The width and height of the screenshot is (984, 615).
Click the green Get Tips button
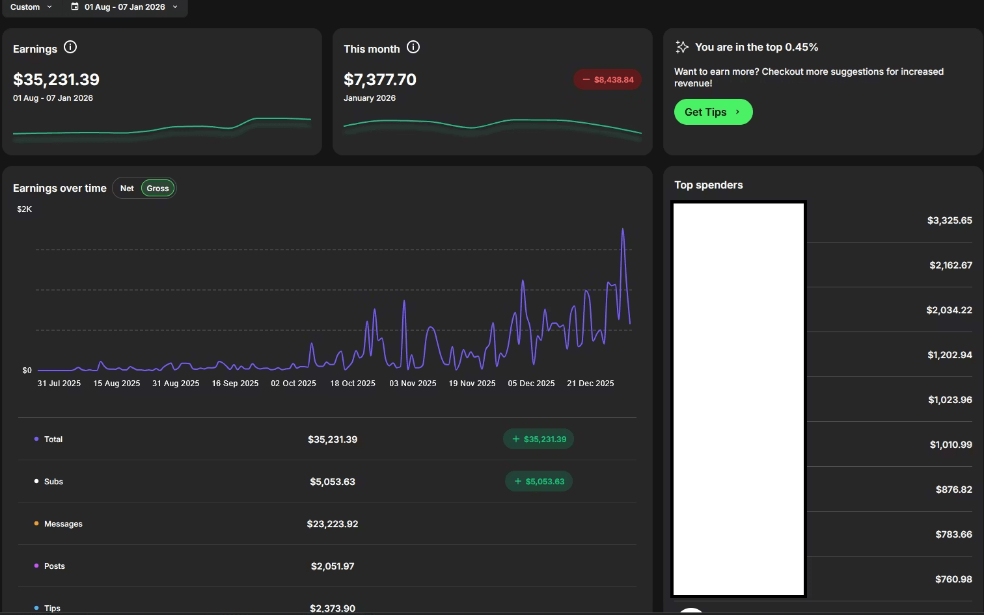tap(713, 112)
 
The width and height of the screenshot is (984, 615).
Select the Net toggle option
tap(127, 189)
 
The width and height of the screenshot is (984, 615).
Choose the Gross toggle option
tap(157, 189)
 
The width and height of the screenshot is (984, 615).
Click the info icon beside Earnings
tap(70, 47)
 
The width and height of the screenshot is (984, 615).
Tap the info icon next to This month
tap(413, 47)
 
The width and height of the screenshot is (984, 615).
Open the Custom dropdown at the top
tap(31, 7)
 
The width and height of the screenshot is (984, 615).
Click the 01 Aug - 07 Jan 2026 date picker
tap(124, 7)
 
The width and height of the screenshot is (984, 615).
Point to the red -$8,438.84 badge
tap(608, 79)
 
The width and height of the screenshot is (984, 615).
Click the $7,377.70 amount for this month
tap(380, 79)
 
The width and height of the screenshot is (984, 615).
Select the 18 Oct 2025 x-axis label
tap(353, 384)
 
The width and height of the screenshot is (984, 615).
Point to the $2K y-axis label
tap(25, 209)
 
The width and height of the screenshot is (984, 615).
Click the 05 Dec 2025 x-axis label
tap(531, 384)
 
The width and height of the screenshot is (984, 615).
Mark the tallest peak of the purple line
tap(623, 229)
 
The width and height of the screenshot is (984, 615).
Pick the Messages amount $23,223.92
tap(333, 524)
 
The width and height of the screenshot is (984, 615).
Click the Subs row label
tap(53, 482)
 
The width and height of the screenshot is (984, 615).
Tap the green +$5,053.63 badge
tap(539, 482)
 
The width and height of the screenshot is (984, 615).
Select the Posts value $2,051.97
tap(333, 566)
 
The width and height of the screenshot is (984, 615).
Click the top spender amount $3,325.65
tap(950, 220)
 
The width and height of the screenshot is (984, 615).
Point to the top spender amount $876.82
tap(953, 490)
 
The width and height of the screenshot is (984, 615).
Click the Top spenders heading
tap(708, 185)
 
